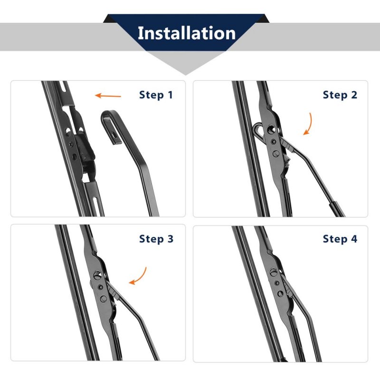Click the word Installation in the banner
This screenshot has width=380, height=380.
[186, 33]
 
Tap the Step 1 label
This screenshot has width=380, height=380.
[156, 95]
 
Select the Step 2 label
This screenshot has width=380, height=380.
[340, 95]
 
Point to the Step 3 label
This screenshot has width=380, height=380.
[156, 239]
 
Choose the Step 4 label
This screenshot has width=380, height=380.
[340, 239]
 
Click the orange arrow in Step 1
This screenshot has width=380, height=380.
[108, 95]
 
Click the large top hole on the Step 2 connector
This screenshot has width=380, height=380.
[271, 129]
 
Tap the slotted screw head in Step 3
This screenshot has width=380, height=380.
[97, 275]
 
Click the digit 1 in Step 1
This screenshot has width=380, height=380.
[171, 95]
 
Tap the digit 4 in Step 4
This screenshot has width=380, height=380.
[354, 239]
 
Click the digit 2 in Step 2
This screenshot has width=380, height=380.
[354, 95]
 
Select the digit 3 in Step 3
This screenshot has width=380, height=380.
[171, 239]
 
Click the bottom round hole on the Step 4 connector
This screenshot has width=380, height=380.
[280, 294]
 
